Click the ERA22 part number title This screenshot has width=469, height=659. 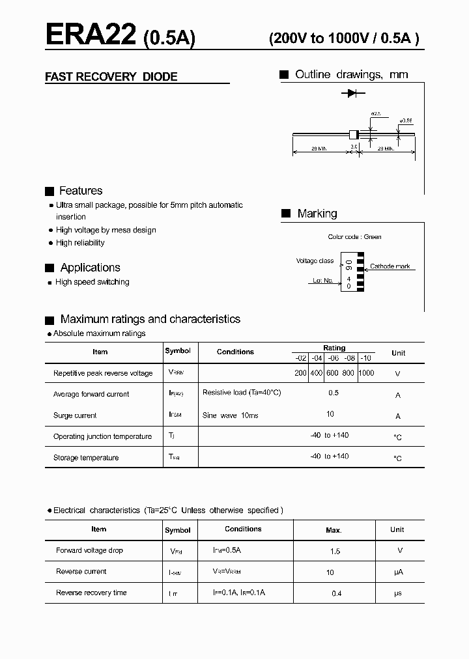[x=91, y=36]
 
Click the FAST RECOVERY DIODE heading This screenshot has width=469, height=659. [x=111, y=77]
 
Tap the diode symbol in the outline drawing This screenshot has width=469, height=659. [x=352, y=94]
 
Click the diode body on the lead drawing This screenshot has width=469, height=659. [x=354, y=134]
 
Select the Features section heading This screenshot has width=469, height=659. [x=80, y=191]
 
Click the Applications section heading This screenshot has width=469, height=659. [x=90, y=268]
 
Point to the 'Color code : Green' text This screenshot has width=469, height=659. [x=354, y=237]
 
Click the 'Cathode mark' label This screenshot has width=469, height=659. [x=390, y=267]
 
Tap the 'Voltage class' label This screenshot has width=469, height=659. [x=315, y=261]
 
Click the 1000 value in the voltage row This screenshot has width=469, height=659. [x=366, y=373]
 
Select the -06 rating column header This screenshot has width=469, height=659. [x=333, y=358]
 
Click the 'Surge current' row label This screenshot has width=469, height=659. [x=75, y=415]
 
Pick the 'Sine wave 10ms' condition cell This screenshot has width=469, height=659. [x=230, y=415]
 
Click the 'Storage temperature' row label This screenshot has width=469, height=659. [x=86, y=458]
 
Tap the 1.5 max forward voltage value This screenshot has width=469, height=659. [x=335, y=552]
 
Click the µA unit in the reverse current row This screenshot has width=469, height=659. [x=398, y=572]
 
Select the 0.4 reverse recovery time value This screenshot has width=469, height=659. [x=336, y=594]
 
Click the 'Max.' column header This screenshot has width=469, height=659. [x=334, y=531]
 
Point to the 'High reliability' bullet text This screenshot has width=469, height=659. [x=80, y=243]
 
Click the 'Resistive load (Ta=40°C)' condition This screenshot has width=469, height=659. [x=242, y=393]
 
